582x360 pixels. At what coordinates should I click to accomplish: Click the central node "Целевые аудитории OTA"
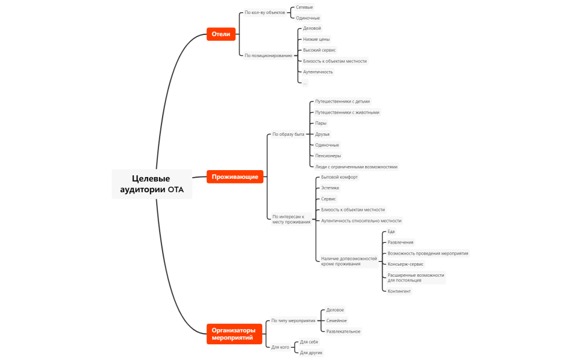click(x=152, y=183)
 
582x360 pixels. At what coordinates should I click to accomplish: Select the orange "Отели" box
click(x=221, y=34)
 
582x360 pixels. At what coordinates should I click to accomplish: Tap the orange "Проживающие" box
click(x=235, y=177)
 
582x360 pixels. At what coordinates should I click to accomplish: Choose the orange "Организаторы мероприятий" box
click(x=233, y=334)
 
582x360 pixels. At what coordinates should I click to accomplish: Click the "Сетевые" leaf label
click(x=304, y=7)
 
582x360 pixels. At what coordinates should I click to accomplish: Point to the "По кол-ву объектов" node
click(x=264, y=12)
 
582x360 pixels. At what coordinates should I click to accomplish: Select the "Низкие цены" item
click(x=316, y=39)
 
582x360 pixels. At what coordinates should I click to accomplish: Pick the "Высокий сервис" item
click(x=319, y=50)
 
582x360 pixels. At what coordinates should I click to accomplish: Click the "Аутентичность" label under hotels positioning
click(x=318, y=72)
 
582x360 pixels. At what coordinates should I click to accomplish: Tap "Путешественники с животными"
click(x=347, y=112)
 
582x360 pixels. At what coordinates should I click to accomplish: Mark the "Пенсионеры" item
click(x=328, y=156)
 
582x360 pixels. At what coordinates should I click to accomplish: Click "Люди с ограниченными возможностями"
click(x=356, y=167)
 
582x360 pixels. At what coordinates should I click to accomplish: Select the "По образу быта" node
click(x=288, y=134)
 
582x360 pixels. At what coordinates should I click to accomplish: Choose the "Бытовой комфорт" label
click(x=340, y=177)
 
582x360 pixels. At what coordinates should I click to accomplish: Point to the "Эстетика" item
click(x=330, y=188)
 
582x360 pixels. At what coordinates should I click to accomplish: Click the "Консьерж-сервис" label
click(x=405, y=264)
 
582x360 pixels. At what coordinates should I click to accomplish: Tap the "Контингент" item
click(x=399, y=291)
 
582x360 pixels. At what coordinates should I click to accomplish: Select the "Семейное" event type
click(x=336, y=320)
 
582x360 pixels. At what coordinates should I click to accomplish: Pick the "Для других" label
click(x=311, y=352)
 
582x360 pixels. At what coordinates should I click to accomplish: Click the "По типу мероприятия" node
click(x=294, y=320)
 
